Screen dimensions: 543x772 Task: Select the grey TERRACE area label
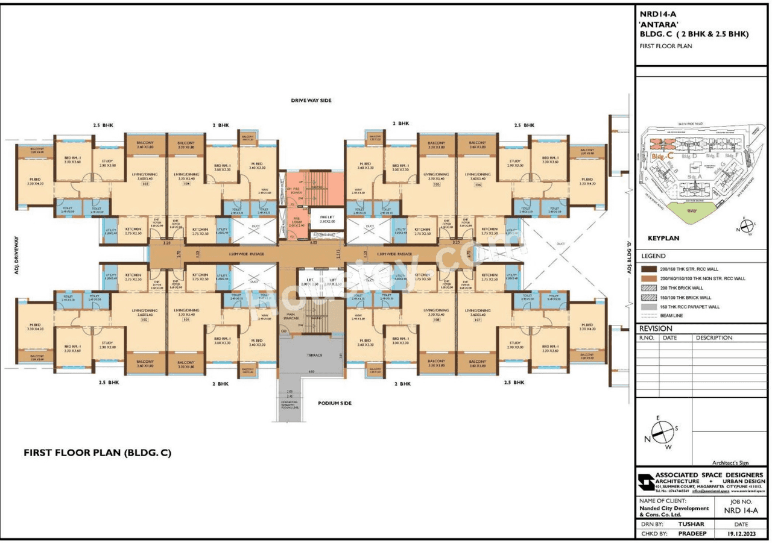click(312, 355)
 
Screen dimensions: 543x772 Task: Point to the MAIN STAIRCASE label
click(291, 316)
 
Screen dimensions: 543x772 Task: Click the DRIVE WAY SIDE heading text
click(311, 101)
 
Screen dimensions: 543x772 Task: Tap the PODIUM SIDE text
click(334, 403)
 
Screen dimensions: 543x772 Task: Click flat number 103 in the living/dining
click(145, 185)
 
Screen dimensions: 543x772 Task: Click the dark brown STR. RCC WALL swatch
click(650, 269)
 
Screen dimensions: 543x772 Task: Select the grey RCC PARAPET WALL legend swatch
click(650, 307)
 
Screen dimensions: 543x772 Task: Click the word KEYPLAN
click(663, 238)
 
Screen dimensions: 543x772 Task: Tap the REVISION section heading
click(654, 328)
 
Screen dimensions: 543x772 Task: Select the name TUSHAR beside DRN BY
click(691, 524)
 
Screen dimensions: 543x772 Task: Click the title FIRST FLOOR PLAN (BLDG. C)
click(96, 452)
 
